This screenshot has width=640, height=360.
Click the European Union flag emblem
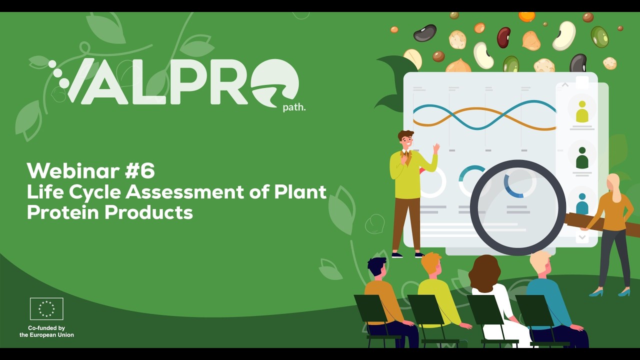(x=46, y=308)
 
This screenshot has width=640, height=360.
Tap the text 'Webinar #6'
(x=90, y=171)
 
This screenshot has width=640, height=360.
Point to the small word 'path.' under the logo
(x=294, y=107)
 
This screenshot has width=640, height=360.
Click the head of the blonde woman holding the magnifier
(x=613, y=184)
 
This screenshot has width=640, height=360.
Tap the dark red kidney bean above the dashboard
(x=503, y=37)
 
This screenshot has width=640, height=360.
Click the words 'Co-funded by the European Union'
(x=46, y=331)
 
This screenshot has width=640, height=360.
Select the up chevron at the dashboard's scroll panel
(x=565, y=85)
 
